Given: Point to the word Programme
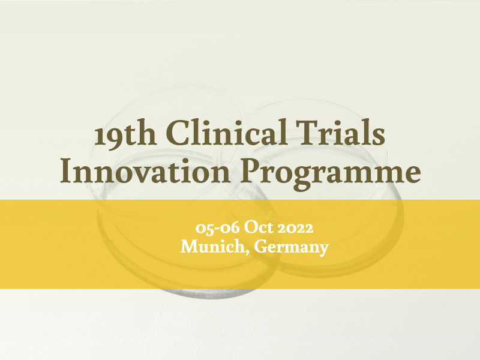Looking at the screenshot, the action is (x=331, y=173).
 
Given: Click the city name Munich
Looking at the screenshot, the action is (x=215, y=246).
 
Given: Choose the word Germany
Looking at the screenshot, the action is (x=292, y=247).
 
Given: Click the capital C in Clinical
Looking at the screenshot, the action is (x=177, y=133).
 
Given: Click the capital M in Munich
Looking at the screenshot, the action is (x=189, y=246).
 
